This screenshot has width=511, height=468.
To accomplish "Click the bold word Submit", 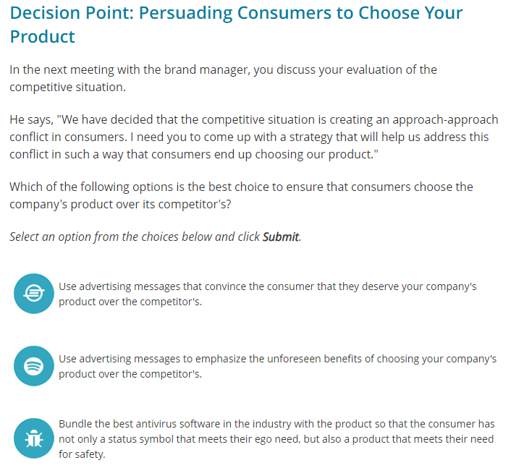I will click(x=280, y=237).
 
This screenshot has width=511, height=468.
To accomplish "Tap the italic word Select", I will click(x=26, y=237).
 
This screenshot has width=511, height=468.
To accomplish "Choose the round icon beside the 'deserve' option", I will click(x=33, y=294).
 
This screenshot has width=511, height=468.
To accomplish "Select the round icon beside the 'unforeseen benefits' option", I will click(x=33, y=366).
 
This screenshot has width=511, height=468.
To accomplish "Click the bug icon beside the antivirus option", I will click(x=33, y=438).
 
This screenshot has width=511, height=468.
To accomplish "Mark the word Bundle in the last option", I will click(x=75, y=424).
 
